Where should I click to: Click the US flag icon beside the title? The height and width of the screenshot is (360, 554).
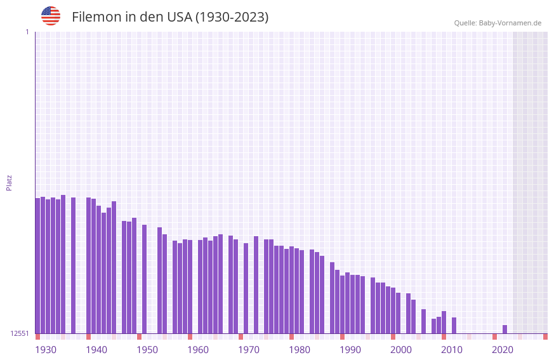(x=51, y=16)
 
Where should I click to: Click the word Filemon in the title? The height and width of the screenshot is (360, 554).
(x=96, y=17)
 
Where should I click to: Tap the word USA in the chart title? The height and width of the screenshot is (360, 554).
(x=179, y=17)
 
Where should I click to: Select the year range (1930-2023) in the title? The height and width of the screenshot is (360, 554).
(x=232, y=17)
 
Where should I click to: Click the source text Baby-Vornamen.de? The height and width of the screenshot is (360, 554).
(x=510, y=23)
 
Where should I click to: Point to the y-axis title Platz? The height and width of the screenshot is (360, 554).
(x=9, y=182)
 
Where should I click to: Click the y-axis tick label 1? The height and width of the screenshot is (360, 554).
(x=27, y=32)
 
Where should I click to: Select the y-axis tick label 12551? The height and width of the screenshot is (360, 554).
(x=20, y=333)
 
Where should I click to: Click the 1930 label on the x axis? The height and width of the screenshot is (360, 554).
(x=46, y=350)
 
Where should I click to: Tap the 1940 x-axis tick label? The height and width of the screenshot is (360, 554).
(x=96, y=350)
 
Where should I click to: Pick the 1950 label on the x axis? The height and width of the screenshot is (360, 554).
(x=147, y=350)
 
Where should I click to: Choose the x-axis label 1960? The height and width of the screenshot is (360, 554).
(x=198, y=350)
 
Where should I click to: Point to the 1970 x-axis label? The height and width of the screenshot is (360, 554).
(x=249, y=350)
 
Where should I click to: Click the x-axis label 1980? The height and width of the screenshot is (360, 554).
(x=300, y=350)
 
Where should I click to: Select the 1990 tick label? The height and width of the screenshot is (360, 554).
(x=350, y=350)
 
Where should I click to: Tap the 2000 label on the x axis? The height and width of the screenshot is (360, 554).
(x=401, y=350)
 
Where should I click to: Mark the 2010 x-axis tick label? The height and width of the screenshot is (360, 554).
(x=452, y=350)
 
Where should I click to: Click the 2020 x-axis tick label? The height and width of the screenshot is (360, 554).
(x=503, y=350)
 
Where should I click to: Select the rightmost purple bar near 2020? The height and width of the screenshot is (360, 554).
(x=505, y=329)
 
